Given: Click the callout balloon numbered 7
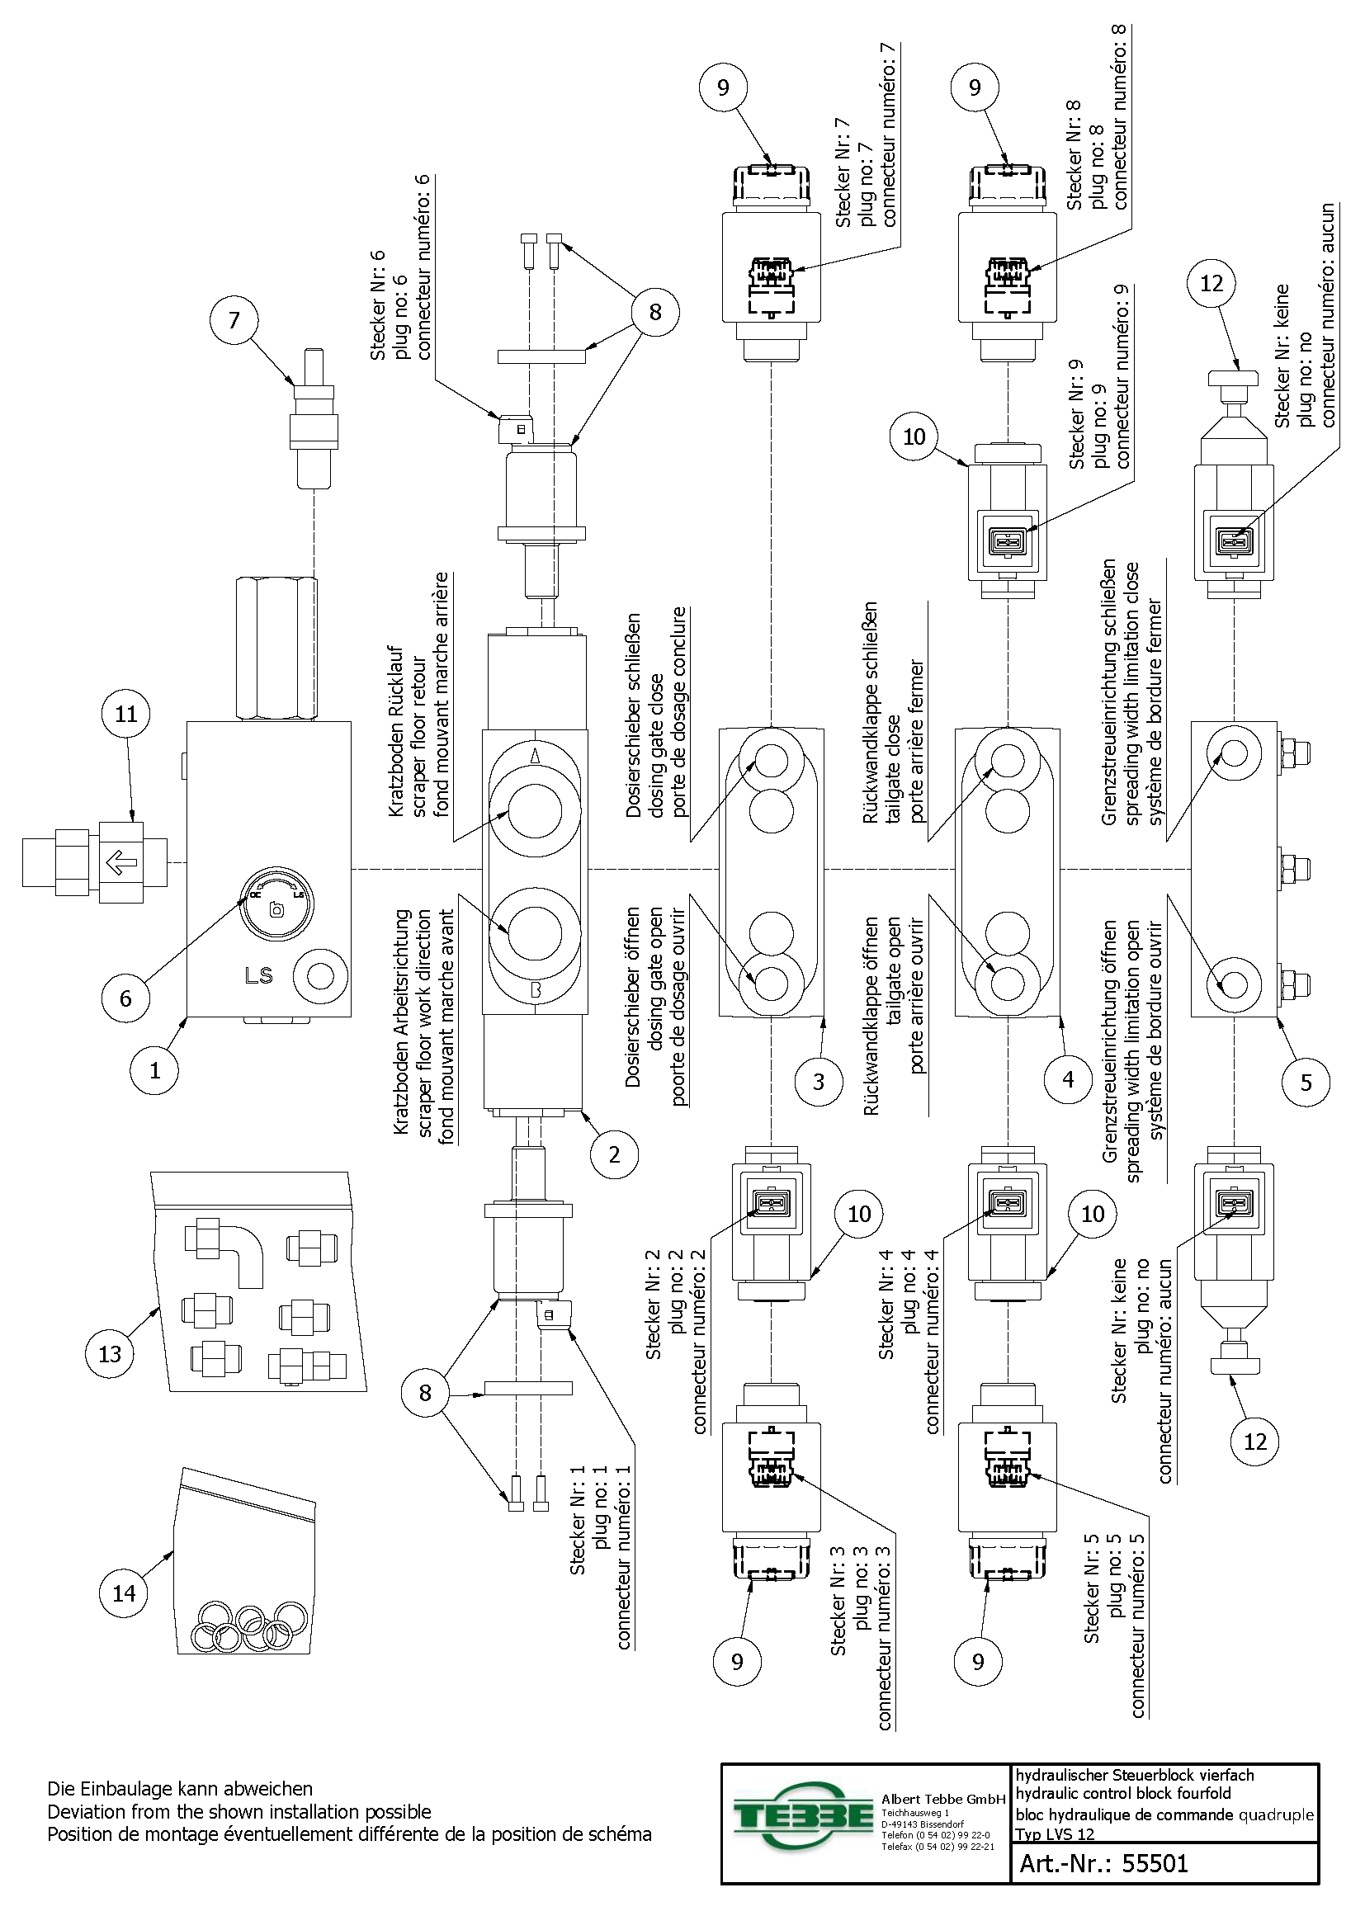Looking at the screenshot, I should [234, 319].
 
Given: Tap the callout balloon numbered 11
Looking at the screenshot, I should [126, 714].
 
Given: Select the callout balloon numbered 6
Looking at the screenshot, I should [126, 998].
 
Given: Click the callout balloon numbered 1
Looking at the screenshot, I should [154, 1070].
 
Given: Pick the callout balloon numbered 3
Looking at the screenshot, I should [819, 1081].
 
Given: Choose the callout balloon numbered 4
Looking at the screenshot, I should [1067, 1079].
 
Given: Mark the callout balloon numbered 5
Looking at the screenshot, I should [1306, 1082].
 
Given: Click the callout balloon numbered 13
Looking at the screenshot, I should [110, 1353].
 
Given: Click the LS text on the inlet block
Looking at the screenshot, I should [259, 976].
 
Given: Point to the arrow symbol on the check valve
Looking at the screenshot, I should [123, 862].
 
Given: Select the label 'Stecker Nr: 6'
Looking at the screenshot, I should [378, 306].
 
